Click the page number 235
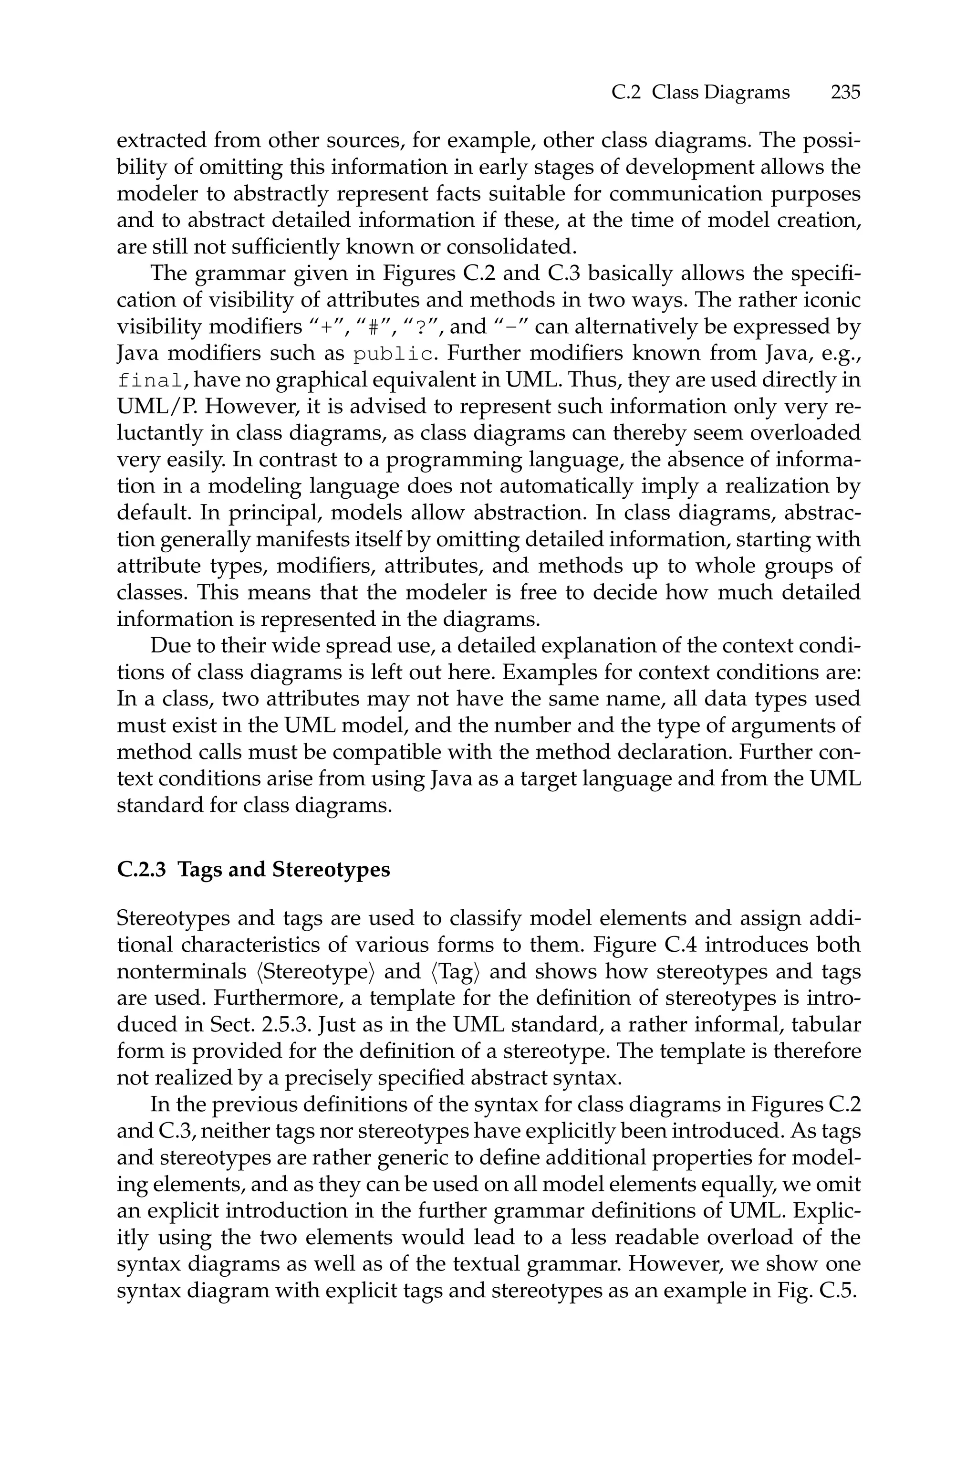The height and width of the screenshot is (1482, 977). (x=844, y=92)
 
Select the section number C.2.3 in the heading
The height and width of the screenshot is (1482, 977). (x=141, y=869)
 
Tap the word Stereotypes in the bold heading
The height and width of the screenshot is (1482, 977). (x=331, y=869)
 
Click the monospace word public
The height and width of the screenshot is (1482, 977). (x=393, y=354)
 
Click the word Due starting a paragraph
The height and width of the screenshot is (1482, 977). (x=168, y=646)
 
